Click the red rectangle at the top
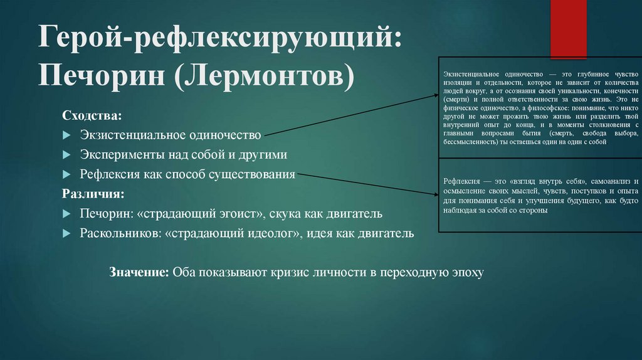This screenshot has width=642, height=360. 568,29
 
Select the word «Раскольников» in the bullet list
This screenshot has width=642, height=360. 118,234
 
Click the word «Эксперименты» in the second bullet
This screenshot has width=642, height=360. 116,155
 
